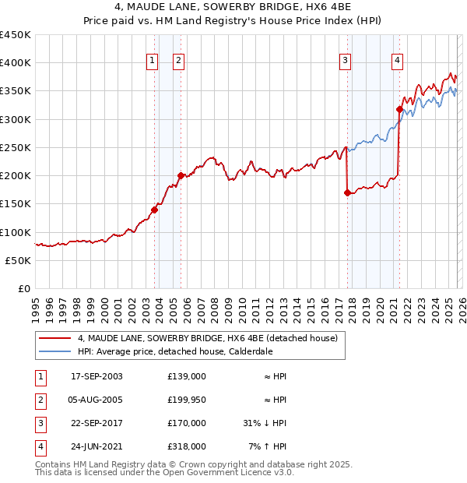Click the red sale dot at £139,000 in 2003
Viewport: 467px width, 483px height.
(154, 210)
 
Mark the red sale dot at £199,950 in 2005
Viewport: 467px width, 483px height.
(181, 175)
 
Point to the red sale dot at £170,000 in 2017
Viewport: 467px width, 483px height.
(347, 192)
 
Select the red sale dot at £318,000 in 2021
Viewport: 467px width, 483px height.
(399, 109)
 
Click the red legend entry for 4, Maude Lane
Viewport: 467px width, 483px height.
(207, 338)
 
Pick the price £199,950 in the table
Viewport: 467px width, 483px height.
(187, 400)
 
